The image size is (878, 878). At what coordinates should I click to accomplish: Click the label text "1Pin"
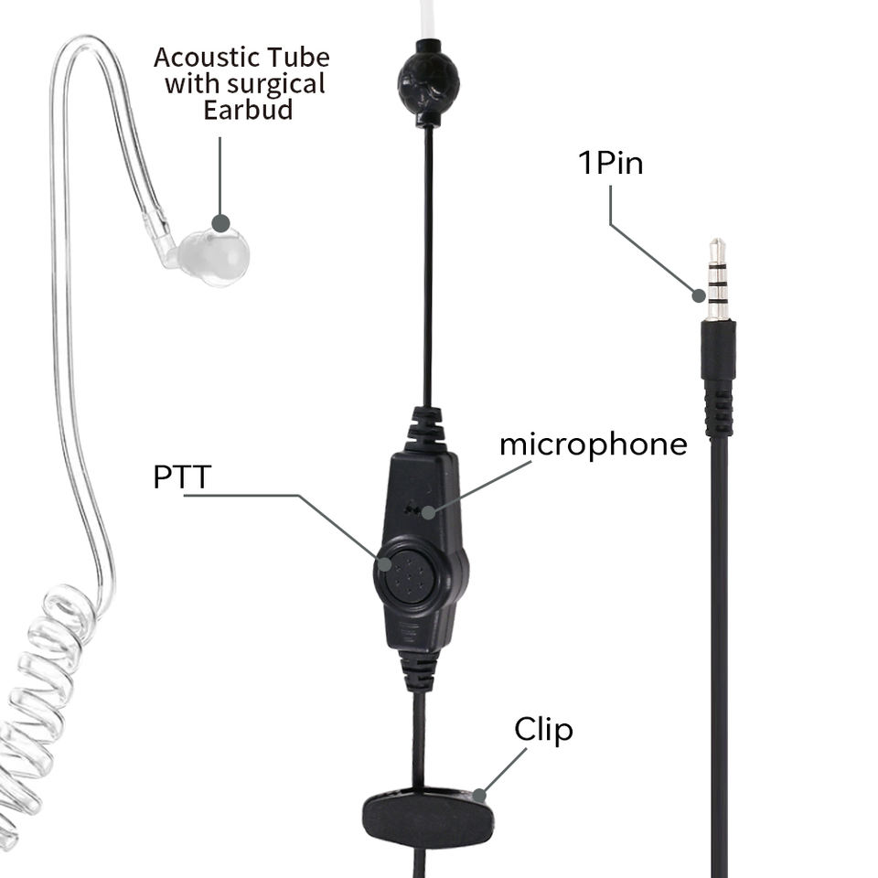tap(610, 164)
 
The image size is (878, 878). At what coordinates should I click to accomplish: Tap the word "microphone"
tap(593, 444)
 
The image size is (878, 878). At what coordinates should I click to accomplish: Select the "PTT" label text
tap(182, 476)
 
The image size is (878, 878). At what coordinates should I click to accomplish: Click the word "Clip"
tap(543, 730)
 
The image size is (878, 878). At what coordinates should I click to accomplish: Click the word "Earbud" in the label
tap(248, 110)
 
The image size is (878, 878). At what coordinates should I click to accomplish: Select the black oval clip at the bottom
tap(428, 817)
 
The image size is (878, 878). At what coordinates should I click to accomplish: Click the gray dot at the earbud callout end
tap(220, 222)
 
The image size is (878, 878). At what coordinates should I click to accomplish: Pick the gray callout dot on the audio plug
tap(700, 294)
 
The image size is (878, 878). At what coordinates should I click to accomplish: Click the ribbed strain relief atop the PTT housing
tap(425, 427)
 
